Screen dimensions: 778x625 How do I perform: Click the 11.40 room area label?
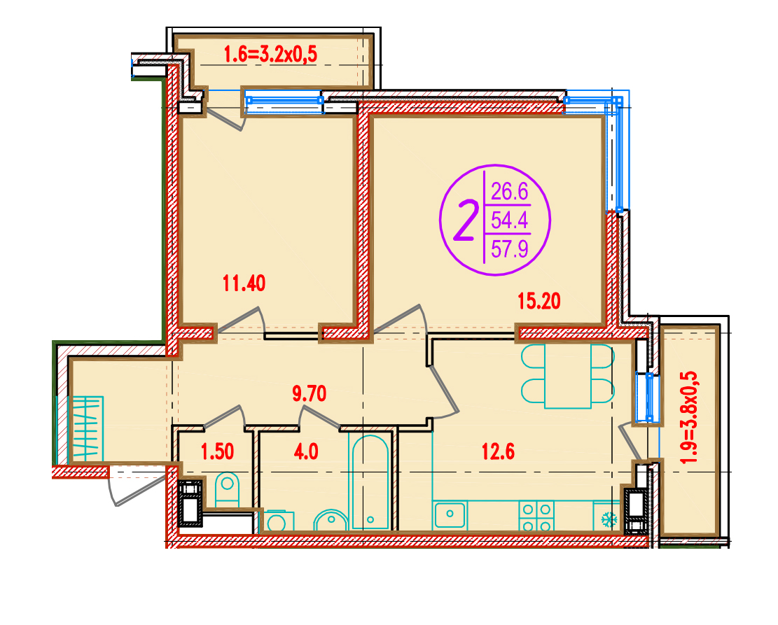tap(244, 283)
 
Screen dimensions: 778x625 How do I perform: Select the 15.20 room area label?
tap(539, 301)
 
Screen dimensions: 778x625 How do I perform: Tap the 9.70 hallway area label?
tap(309, 394)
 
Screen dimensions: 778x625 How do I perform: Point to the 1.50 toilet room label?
tap(217, 452)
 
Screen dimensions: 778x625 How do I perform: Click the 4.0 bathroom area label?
tap(305, 452)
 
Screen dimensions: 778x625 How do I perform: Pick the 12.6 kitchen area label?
tap(498, 452)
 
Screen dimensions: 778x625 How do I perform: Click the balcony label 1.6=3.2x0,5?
tap(270, 54)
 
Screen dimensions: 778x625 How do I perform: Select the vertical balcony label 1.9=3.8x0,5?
tap(690, 418)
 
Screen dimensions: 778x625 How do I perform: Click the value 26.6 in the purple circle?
tap(510, 192)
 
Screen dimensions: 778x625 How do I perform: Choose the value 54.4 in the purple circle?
tap(510, 220)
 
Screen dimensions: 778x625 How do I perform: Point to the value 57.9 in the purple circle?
tap(510, 248)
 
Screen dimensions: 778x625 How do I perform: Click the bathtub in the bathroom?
tap(370, 482)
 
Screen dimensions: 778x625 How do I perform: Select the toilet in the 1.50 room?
tap(228, 489)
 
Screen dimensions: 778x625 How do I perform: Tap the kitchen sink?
tap(450, 514)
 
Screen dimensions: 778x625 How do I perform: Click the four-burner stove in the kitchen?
tap(536, 516)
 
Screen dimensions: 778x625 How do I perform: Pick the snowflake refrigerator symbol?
tap(609, 520)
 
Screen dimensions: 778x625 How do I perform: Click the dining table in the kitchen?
tap(568, 376)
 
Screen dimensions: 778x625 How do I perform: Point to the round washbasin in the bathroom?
tap(330, 521)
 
